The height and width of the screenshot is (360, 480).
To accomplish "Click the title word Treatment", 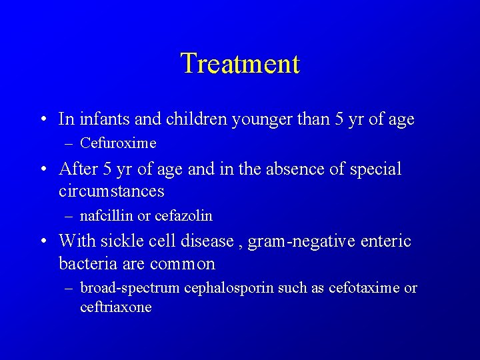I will point(240,64).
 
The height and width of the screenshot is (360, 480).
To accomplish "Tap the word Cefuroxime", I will point(118,143).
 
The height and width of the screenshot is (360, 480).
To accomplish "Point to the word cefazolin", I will point(183,216).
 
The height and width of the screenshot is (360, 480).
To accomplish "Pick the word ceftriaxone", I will point(116,307).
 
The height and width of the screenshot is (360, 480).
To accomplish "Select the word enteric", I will point(387,241).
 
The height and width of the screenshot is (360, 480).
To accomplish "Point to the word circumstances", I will point(111,192).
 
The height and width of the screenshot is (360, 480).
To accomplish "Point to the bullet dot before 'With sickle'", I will point(43,241).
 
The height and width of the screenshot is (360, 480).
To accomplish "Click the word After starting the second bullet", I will point(78,169).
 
